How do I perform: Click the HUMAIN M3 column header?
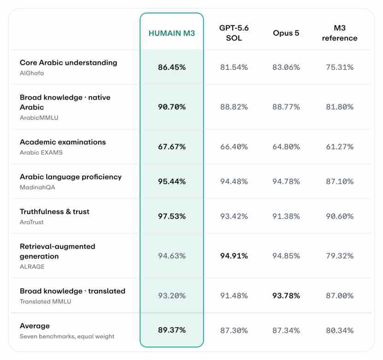pyautogui.click(x=172, y=33)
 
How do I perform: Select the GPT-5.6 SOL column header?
pyautogui.click(x=234, y=33)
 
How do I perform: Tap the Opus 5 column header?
pyautogui.click(x=286, y=33)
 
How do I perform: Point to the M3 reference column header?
pyautogui.click(x=340, y=33)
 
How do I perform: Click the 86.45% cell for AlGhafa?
pyautogui.click(x=172, y=67)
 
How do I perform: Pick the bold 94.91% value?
pyautogui.click(x=234, y=255)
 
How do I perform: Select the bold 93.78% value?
pyautogui.click(x=286, y=296)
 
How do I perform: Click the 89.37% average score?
pyautogui.click(x=172, y=330)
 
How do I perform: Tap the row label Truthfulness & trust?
pyautogui.click(x=54, y=211)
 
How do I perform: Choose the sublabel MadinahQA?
pyautogui.click(x=37, y=187)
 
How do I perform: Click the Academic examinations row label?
pyautogui.click(x=63, y=142)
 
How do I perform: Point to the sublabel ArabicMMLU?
pyautogui.click(x=39, y=118)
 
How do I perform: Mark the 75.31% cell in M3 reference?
pyautogui.click(x=340, y=67)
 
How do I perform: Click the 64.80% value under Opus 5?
pyautogui.click(x=286, y=146)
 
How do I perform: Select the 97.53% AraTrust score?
pyautogui.click(x=172, y=216)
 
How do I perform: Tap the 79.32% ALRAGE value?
pyautogui.click(x=340, y=255)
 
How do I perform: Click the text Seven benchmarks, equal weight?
pyautogui.click(x=67, y=337)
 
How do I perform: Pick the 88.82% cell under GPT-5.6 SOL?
pyautogui.click(x=234, y=107)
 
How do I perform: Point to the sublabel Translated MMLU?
pyautogui.click(x=46, y=302)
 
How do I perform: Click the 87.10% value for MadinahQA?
pyautogui.click(x=340, y=181)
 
